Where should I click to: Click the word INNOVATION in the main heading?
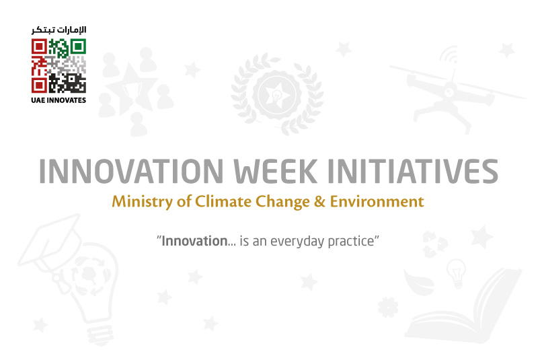pos(131,171)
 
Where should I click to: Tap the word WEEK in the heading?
pos(276,171)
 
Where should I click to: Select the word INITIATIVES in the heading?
pos(413,171)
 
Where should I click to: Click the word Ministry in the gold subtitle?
pos(143,201)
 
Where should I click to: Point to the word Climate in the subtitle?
pos(223,201)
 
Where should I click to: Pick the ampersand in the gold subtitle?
pos(319,201)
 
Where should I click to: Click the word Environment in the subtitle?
pos(377,201)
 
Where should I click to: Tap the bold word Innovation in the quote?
pos(194,241)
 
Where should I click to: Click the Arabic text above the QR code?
pos(59,30)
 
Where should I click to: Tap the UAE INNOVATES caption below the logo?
pos(59,100)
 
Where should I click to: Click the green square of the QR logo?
pos(78,46)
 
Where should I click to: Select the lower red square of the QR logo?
pos(40,85)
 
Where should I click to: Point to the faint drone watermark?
pos(457,90)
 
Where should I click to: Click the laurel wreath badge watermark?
pos(277,94)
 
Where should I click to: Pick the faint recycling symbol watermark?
pos(435,244)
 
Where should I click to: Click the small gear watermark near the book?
pos(388,307)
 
